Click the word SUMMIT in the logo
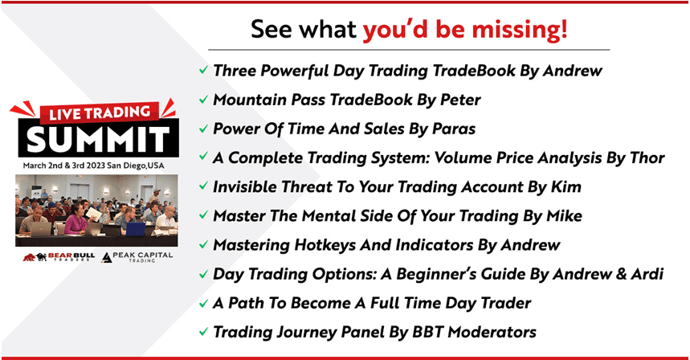tap(98, 138)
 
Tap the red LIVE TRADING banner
tap(99, 112)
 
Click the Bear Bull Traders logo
tap(59, 256)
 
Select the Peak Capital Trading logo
tap(137, 257)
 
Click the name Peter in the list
tap(460, 100)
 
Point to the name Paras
tap(454, 129)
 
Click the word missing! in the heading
tap(520, 30)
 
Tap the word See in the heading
tap(271, 30)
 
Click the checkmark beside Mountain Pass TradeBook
tap(203, 100)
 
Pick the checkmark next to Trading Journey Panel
tap(203, 332)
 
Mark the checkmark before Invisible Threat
tap(203, 186)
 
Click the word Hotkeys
tap(325, 245)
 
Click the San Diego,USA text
tap(136, 166)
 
